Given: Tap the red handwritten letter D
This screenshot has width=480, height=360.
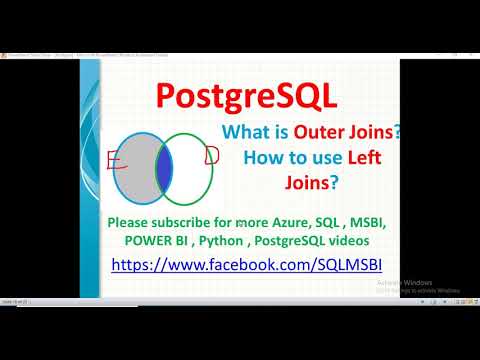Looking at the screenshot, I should (x=211, y=155).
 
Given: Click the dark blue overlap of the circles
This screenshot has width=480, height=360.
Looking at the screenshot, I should (x=164, y=167).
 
